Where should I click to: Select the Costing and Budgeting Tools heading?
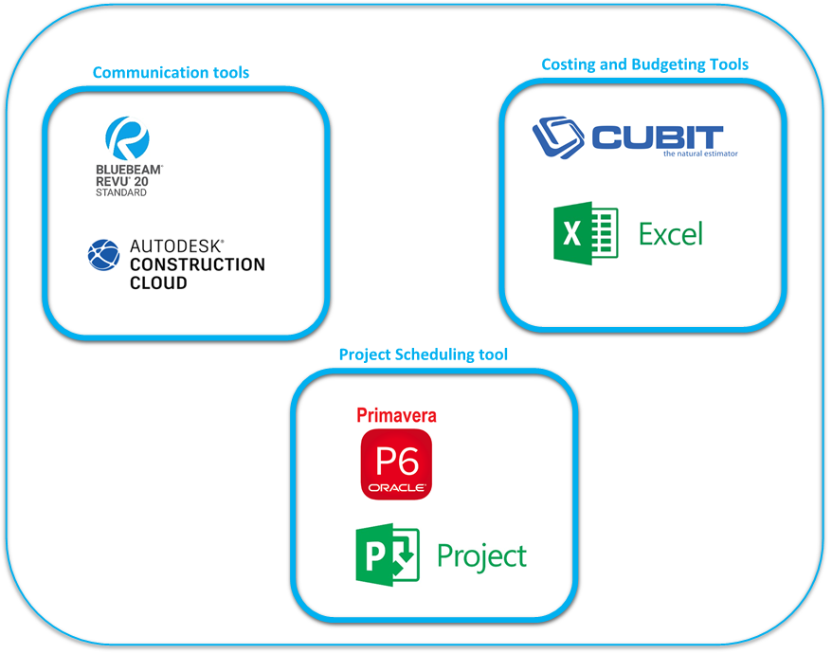(x=644, y=64)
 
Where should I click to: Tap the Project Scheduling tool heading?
(x=423, y=354)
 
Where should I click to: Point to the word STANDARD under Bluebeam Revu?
(x=120, y=193)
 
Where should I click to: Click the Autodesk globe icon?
(x=103, y=255)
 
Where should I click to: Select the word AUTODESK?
(x=176, y=246)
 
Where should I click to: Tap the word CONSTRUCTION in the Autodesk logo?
(x=197, y=264)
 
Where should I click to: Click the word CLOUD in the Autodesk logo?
(x=158, y=282)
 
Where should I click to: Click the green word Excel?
(x=670, y=233)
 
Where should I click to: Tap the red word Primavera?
(x=396, y=415)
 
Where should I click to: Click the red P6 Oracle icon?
(x=396, y=464)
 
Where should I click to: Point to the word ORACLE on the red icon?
(x=396, y=488)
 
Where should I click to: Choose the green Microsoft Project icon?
(x=387, y=555)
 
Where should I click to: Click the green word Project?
(x=481, y=555)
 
